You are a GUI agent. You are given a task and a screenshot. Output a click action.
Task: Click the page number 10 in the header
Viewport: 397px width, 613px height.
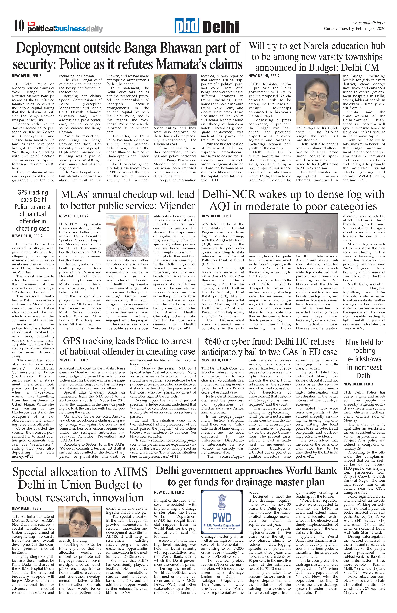19,26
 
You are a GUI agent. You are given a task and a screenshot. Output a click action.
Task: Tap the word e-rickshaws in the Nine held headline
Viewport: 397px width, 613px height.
364,359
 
